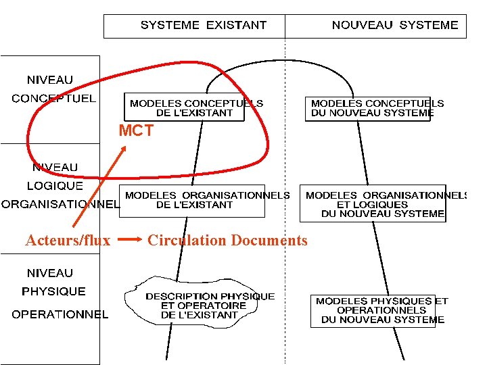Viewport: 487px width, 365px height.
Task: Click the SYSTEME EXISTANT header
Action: tap(203, 26)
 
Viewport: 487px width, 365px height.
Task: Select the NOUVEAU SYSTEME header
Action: tap(394, 26)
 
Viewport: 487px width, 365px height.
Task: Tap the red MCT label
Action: tap(136, 131)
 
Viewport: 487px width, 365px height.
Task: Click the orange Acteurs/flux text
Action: tap(68, 240)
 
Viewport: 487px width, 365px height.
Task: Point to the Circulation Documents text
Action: tap(227, 240)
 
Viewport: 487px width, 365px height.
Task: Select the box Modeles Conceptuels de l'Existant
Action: tap(195, 108)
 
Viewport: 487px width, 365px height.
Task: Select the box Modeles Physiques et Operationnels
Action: tap(381, 310)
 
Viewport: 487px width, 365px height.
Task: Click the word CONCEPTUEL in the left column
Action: tap(53, 99)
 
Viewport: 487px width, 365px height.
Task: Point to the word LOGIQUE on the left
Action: tap(55, 185)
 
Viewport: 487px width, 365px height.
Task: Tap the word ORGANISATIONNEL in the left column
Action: tap(60, 203)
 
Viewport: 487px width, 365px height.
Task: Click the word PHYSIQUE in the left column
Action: tap(53, 292)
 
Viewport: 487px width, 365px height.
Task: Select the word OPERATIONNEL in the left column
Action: tap(60, 314)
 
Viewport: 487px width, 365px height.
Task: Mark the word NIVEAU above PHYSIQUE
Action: tap(49, 273)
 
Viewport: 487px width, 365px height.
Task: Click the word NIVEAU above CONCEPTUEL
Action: tap(49, 80)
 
